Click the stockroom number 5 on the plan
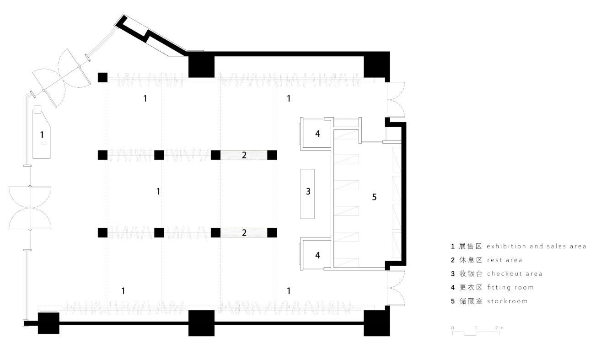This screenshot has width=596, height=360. [374, 197]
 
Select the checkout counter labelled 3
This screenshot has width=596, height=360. [307, 193]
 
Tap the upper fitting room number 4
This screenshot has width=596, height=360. [317, 134]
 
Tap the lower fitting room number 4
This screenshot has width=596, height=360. [317, 255]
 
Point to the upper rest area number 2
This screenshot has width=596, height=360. [244, 155]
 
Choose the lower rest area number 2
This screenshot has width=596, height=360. [244, 233]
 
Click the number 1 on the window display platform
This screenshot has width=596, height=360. [42, 134]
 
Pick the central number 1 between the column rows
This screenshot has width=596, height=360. [158, 191]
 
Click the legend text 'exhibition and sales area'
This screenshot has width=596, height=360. [537, 247]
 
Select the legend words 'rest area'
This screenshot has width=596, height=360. [505, 260]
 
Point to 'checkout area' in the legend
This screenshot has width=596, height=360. [514, 274]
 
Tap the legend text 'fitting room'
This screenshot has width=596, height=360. [510, 288]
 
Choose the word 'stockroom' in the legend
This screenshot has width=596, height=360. [507, 301]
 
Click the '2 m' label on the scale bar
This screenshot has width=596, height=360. [499, 328]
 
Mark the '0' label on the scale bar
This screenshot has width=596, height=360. [452, 328]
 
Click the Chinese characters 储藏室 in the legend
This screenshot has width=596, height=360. [471, 301]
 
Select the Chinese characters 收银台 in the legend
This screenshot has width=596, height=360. [471, 274]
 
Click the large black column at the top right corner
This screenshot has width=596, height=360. [376, 64]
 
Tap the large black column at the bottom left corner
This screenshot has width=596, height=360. [48, 323]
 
